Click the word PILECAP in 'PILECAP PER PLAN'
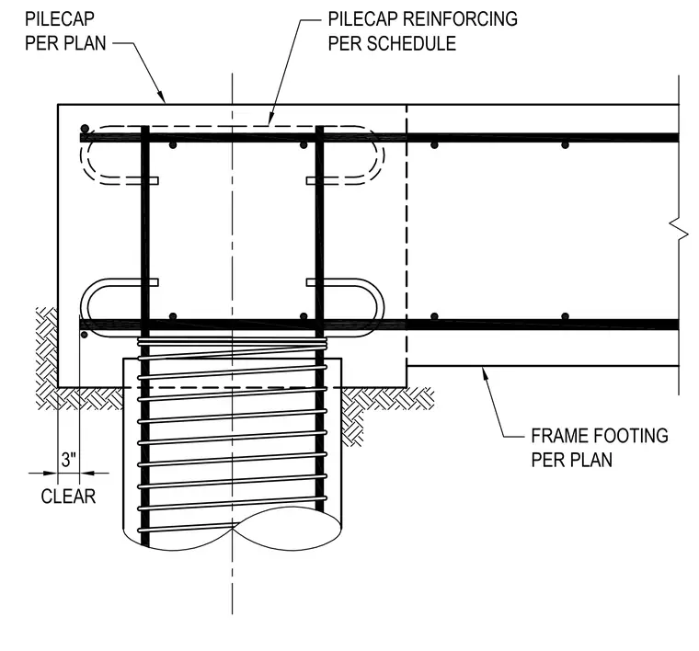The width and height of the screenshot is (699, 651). [59, 19]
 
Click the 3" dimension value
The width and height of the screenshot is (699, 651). [69, 460]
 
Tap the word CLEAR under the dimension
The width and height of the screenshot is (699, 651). [68, 497]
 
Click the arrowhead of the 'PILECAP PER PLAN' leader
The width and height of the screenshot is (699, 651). [162, 97]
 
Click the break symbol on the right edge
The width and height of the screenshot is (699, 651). [679, 232]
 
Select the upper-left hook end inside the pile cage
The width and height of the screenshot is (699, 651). [151, 180]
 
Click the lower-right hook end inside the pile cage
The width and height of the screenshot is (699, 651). [314, 282]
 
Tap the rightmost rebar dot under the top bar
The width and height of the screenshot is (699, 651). [565, 145]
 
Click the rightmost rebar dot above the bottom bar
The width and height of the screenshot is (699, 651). [565, 316]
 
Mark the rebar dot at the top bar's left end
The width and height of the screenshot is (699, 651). [85, 129]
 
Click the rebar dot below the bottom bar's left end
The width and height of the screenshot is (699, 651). [85, 334]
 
